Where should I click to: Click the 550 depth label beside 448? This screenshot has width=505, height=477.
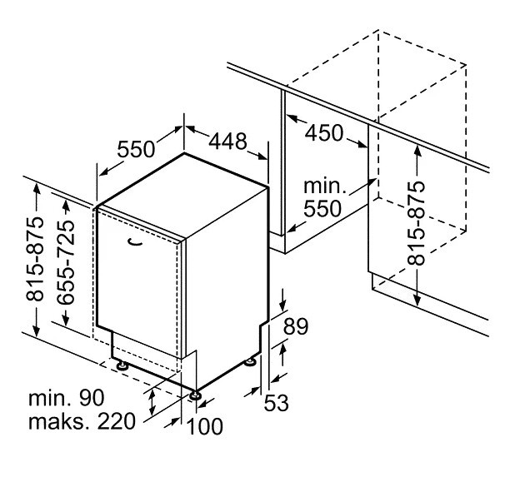pos(136,149)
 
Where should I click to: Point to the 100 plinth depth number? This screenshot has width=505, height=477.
pos(205,427)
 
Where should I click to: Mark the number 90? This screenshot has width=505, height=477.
pos(112,396)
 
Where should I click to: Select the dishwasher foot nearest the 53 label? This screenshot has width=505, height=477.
pos(250,362)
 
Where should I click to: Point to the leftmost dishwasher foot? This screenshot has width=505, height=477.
pos(122,364)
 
